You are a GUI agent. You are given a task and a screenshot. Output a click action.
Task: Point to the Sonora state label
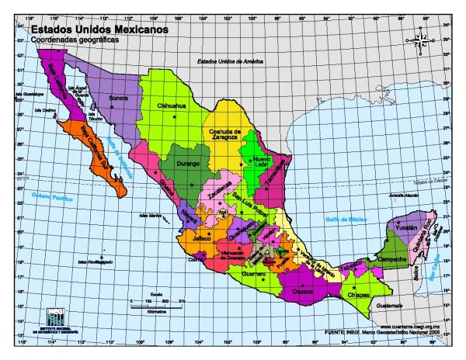[118, 99]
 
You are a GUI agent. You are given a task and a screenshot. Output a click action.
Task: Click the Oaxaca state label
[303, 292]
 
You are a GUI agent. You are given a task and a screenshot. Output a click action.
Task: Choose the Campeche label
[391, 259]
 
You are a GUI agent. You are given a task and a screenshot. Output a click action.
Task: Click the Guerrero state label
[253, 274]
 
